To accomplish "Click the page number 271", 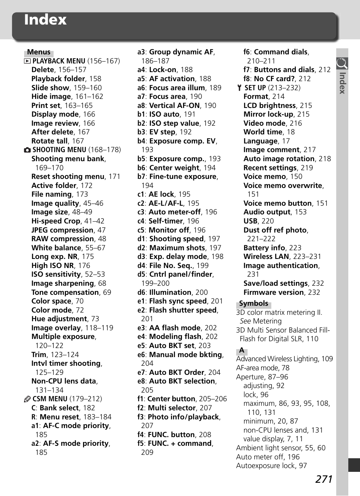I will (x=324, y=479).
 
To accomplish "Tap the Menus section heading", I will (x=39, y=52).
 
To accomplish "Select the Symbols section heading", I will (x=253, y=303).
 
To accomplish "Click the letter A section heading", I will (x=242, y=350).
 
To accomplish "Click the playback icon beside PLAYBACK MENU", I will (x=27, y=61).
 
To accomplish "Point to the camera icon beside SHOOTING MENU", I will (x=27, y=150).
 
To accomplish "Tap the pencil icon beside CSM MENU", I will (x=27, y=399).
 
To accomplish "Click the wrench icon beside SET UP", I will (x=239, y=88).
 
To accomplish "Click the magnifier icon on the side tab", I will (x=342, y=63).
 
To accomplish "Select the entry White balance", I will (x=56, y=248).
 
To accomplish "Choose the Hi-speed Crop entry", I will (x=56, y=221).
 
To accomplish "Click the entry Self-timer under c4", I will (x=166, y=221).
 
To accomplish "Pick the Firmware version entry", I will (x=274, y=293).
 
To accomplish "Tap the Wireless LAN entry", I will (x=266, y=257).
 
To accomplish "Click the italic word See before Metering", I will (x=245, y=321).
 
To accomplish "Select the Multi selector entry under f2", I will (x=172, y=408).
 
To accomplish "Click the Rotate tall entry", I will (x=50, y=141).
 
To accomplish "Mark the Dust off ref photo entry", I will (x=275, y=230).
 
